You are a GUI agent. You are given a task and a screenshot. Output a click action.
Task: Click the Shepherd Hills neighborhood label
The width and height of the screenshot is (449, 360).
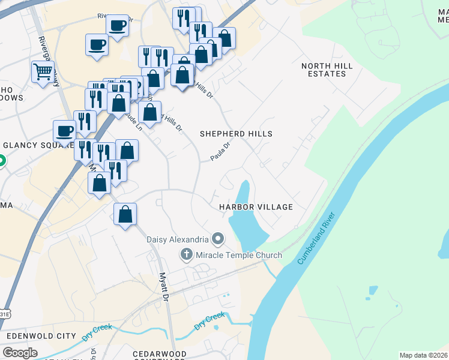tap(236, 134)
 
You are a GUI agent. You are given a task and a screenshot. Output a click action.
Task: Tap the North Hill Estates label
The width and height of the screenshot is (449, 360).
tap(324, 70)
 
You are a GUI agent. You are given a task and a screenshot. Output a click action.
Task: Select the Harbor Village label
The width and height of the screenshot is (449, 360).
tap(256, 207)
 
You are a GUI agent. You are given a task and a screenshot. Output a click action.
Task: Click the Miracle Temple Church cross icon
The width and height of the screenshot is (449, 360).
tap(187, 255)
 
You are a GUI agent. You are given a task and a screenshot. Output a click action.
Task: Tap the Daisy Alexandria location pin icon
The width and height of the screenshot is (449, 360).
tap(218, 239)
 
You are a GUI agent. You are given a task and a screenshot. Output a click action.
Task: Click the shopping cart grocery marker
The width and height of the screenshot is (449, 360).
tap(43, 72)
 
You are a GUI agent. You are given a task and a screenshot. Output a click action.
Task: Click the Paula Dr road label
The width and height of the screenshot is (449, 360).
tap(221, 150)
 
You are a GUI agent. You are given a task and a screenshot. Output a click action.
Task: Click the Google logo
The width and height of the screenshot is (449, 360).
tap(20, 352)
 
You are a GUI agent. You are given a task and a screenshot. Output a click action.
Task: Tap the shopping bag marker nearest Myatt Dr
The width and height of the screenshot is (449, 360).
tap(125, 214)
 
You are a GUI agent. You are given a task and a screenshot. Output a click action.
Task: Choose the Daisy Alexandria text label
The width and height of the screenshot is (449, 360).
tap(178, 239)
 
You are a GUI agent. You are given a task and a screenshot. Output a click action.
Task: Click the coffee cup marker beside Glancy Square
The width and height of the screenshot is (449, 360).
tap(65, 130)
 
